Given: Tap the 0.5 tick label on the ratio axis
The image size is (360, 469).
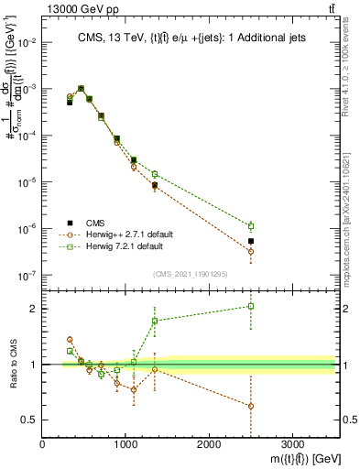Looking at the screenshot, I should [x=29, y=420].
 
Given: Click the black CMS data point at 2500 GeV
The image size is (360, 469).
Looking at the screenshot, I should [x=251, y=241].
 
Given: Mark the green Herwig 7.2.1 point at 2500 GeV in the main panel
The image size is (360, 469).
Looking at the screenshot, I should [x=251, y=225].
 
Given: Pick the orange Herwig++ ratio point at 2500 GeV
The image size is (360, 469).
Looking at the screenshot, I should [x=251, y=406].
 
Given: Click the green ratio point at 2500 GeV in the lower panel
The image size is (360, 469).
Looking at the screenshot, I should [x=251, y=306].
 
